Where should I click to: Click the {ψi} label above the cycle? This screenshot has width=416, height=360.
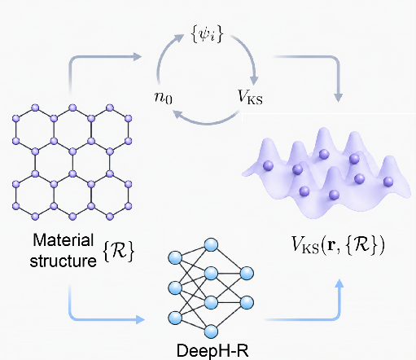pyautogui.click(x=208, y=34)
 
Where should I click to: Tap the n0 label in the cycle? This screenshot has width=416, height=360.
pyautogui.click(x=164, y=97)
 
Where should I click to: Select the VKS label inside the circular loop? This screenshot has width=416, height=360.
pyautogui.click(x=250, y=97)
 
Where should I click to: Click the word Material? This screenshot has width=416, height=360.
pyautogui.click(x=63, y=240)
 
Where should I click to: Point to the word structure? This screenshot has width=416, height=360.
pyautogui.click(x=63, y=261)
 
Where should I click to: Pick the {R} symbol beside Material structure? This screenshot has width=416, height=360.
pyautogui.click(x=119, y=251)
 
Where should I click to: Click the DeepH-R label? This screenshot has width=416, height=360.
pyautogui.click(x=212, y=351)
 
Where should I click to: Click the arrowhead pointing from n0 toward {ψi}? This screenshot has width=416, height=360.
pyautogui.click(x=179, y=38)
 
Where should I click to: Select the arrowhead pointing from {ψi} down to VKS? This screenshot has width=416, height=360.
pyautogui.click(x=254, y=80)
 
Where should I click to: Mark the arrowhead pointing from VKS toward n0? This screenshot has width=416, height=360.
pyautogui.click(x=177, y=115)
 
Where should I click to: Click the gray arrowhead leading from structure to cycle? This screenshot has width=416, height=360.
pyautogui.click(x=138, y=57)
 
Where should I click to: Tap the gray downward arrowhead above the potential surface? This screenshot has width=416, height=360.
pyautogui.click(x=338, y=98)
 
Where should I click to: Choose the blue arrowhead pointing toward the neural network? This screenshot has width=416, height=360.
pyautogui.click(x=140, y=319)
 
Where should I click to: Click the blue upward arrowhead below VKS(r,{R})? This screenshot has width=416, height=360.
pyautogui.click(x=339, y=283)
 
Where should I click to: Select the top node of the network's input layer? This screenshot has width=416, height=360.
pyautogui.click(x=175, y=257)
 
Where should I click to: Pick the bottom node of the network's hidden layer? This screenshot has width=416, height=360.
pyautogui.click(x=211, y=331)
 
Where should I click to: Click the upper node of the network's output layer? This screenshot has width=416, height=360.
pyautogui.click(x=247, y=273)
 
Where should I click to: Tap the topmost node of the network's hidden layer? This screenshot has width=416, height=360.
pyautogui.click(x=211, y=245)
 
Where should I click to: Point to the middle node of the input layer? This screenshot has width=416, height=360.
pyautogui.click(x=175, y=288)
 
